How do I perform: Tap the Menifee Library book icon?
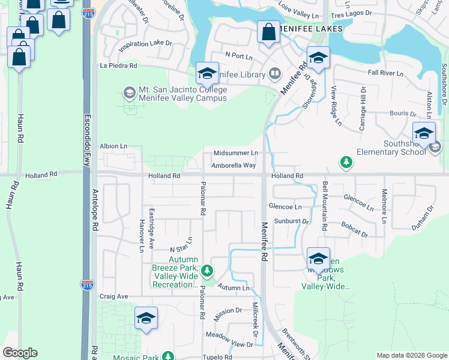point(275,74)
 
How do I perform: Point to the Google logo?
point(20,353)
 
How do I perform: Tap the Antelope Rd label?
point(95,210)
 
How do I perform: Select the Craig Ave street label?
point(114,296)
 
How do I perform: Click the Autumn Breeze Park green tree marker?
point(207,271)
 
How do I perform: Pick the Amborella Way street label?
point(234,165)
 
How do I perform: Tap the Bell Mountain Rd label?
point(325,207)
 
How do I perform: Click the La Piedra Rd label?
point(119,65)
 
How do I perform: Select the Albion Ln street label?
point(114,146)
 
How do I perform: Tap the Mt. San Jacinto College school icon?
point(129,92)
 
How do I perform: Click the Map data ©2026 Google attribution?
point(412,355)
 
